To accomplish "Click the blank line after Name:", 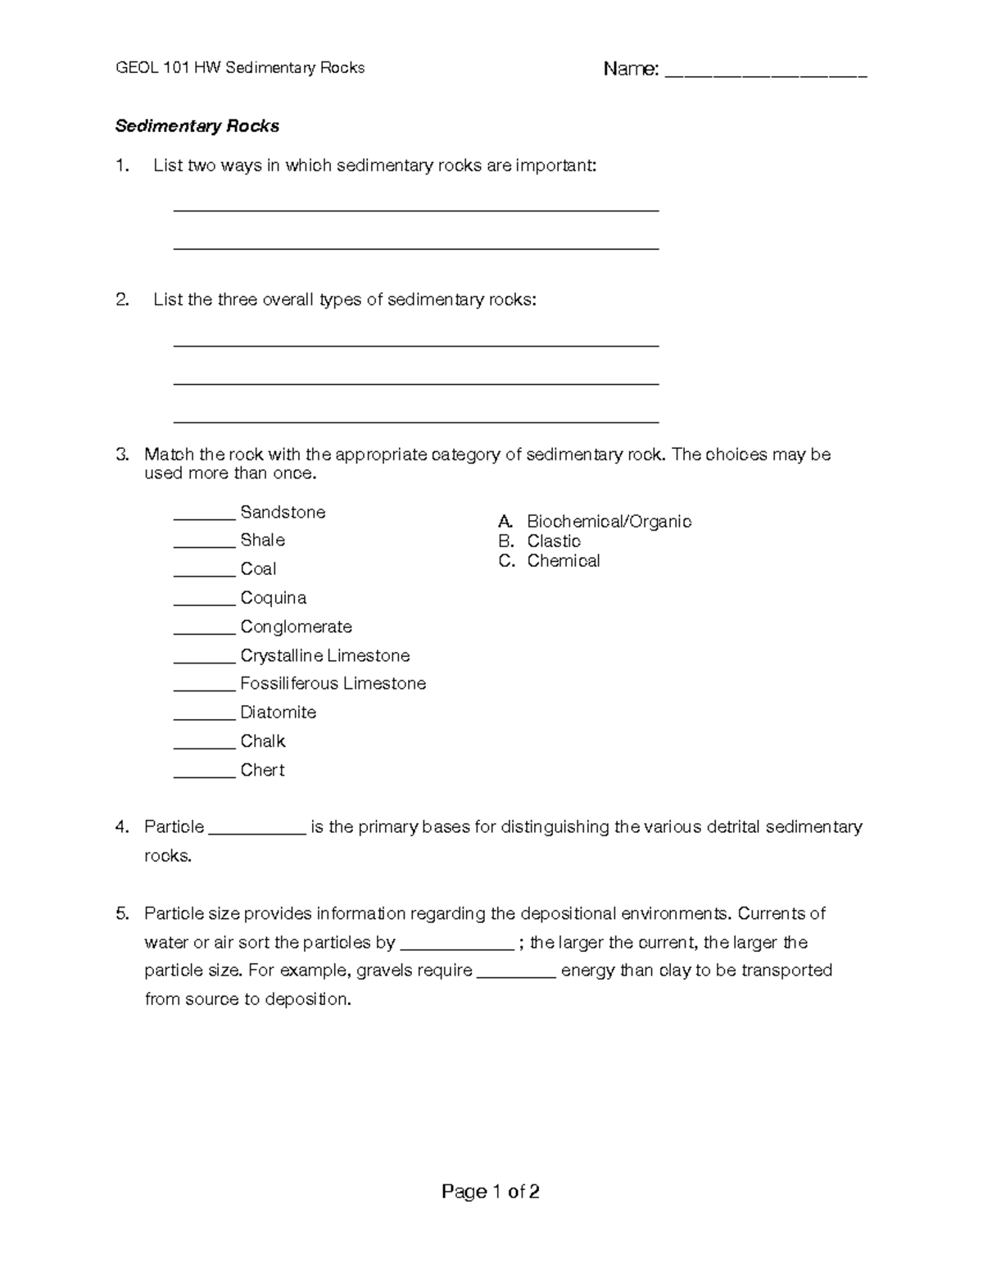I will (765, 74).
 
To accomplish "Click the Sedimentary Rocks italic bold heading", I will (197, 126).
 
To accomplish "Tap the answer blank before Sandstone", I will (204, 516).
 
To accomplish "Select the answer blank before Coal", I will (204, 573).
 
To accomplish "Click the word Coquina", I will (273, 598).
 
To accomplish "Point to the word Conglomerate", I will (296, 627).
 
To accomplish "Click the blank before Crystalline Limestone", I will (204, 659).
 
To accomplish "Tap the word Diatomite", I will (278, 713).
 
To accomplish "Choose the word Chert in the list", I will (262, 770).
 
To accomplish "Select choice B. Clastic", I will (541, 541).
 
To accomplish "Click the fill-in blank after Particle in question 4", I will (257, 831).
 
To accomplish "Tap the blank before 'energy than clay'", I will (516, 975).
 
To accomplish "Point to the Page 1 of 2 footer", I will (490, 1192).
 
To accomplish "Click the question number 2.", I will (121, 300).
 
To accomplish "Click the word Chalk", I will (262, 741).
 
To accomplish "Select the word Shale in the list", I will (262, 541).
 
